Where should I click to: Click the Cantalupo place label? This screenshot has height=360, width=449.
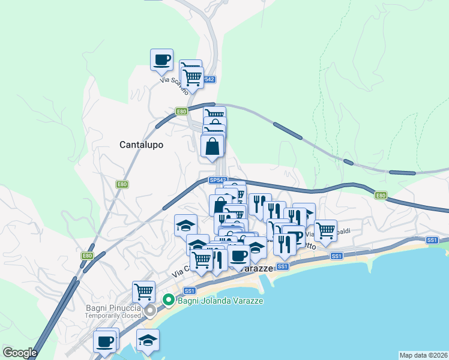coord(141,145)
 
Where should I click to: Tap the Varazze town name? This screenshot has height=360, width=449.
coord(256,268)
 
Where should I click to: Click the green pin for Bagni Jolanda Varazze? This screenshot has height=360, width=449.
coord(169,299)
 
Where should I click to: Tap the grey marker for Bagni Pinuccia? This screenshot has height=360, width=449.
coord(150,310)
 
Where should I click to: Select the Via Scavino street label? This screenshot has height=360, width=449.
coord(172,80)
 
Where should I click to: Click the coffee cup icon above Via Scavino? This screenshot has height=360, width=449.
coord(161,60)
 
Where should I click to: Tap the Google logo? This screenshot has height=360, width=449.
coord(19,353)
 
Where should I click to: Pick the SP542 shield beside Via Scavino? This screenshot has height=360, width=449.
coord(208,79)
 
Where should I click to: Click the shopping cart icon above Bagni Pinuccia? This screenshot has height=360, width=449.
coord(143,292)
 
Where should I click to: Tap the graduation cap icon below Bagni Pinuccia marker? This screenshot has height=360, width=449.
coord(148,340)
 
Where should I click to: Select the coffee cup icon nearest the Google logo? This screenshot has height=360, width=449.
coord(104,341)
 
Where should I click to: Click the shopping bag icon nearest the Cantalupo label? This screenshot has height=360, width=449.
coord(212,146)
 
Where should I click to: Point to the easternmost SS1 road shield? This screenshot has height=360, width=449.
coord(432,240)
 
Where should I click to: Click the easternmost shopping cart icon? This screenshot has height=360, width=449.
coord(325,230)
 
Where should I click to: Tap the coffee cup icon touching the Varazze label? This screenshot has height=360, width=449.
coord(239,256)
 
